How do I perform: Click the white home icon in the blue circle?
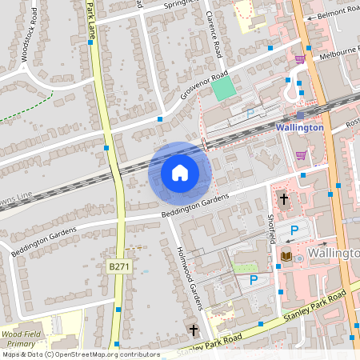tap(179, 173)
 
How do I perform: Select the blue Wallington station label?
tap(299, 127)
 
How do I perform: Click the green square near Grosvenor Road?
tap(224, 88)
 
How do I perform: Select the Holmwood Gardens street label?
tap(189, 277)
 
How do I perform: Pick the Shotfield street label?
tap(271, 228)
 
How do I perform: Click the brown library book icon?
tap(286, 256)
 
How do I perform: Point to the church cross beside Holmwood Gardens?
tap(192, 330)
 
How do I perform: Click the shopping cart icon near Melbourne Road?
tap(300, 59)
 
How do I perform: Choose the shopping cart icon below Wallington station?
tap(301, 155)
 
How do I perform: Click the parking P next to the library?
tap(294, 230)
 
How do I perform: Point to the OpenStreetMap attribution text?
tap(80, 354)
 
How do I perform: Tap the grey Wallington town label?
tap(333, 254)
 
